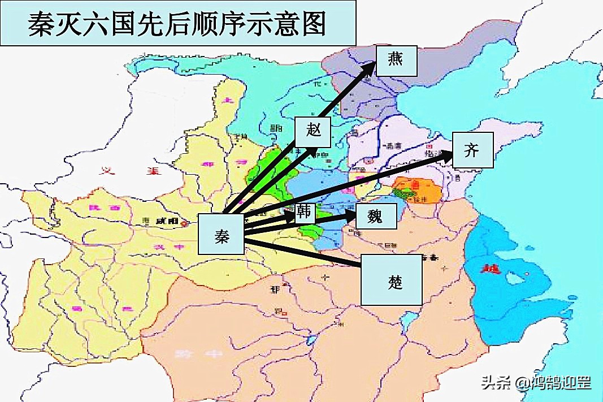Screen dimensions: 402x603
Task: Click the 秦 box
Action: point(221,235)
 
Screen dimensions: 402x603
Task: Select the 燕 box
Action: point(396,60)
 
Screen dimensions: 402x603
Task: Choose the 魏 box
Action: point(376,215)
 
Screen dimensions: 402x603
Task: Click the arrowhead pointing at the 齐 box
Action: point(447,155)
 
